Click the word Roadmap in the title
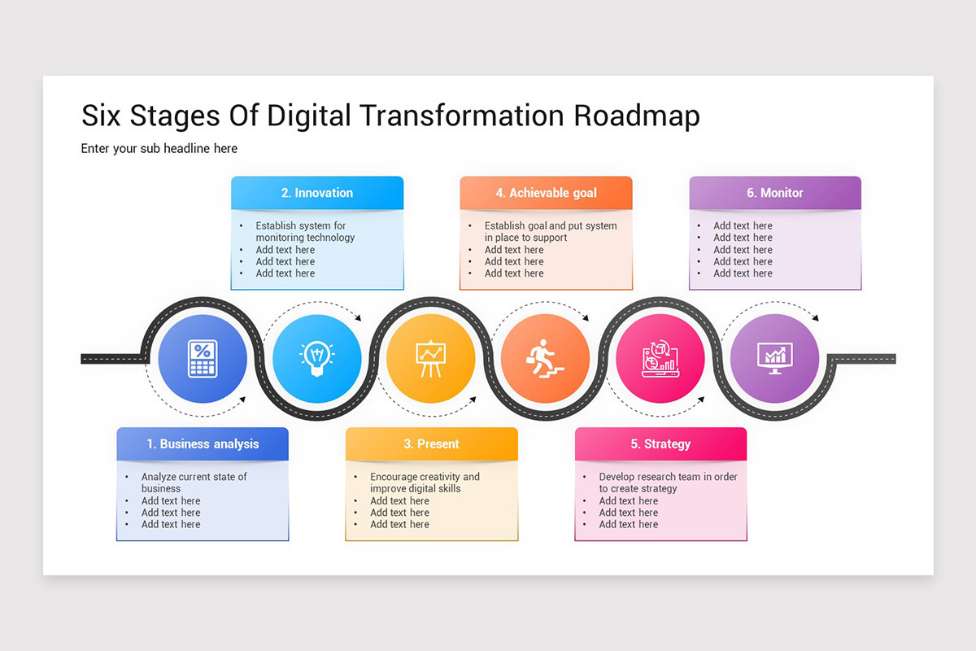pyautogui.click(x=636, y=116)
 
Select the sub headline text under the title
pyautogui.click(x=159, y=148)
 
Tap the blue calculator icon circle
pyautogui.click(x=203, y=359)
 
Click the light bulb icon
pyautogui.click(x=317, y=359)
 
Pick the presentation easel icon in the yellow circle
pyautogui.click(x=431, y=359)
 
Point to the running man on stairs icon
pyautogui.click(x=545, y=359)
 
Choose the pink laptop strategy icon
pyautogui.click(x=660, y=359)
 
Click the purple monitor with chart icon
pyautogui.click(x=774, y=359)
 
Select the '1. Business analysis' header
pyautogui.click(x=203, y=443)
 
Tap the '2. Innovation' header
pyautogui.click(x=317, y=193)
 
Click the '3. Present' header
pyautogui.click(x=431, y=443)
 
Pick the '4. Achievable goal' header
pyautogui.click(x=546, y=193)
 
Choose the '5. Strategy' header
pyautogui.click(x=660, y=443)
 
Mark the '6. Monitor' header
pyautogui.click(x=775, y=193)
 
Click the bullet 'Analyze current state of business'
pyautogui.click(x=194, y=483)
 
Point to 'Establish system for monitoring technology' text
pyautogui.click(x=305, y=232)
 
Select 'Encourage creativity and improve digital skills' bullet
pyautogui.click(x=425, y=483)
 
